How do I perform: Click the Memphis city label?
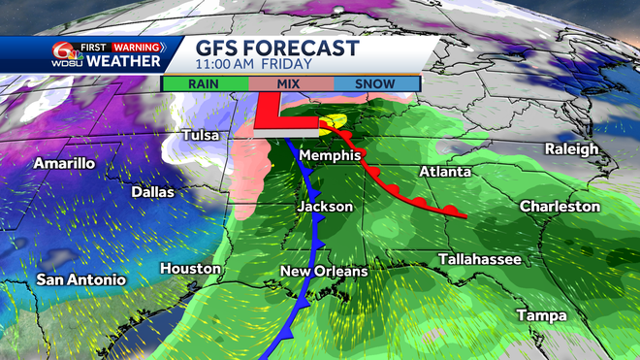point(330,156)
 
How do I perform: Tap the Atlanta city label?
point(445,172)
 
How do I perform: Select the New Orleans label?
point(324,271)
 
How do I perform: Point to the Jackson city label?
point(324,208)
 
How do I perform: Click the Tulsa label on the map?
point(204,137)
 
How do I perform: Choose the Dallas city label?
point(153,192)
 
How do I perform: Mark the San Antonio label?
point(81,279)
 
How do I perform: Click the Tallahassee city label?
point(480,259)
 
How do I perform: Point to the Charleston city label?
point(560,207)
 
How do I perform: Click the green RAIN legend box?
point(206,83)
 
